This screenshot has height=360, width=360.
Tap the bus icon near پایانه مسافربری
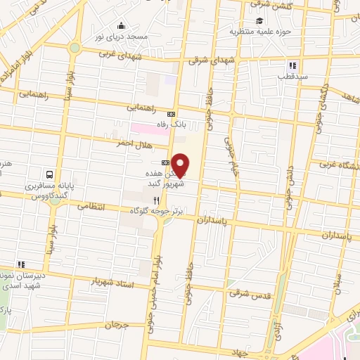click(x=50, y=174)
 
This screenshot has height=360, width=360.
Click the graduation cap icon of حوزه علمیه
click(x=259, y=20)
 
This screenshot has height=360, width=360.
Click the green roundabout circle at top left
click(x=74, y=48)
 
